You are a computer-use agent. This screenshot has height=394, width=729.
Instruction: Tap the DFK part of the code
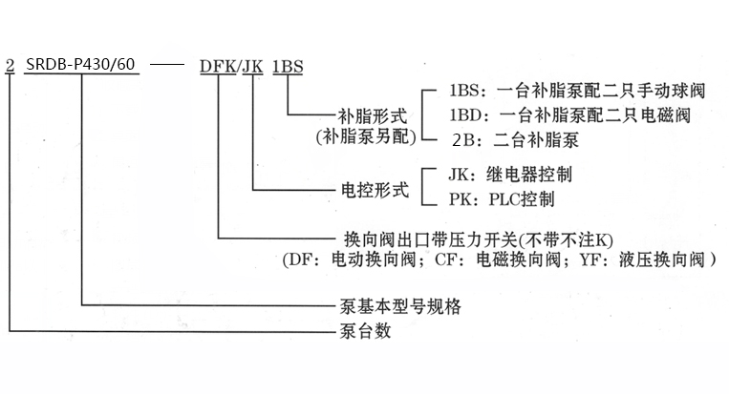pyautogui.click(x=219, y=67)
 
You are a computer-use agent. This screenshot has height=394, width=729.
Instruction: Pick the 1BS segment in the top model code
pyautogui.click(x=289, y=67)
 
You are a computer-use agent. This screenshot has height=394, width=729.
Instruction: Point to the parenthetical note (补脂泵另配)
pyautogui.click(x=365, y=136)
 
